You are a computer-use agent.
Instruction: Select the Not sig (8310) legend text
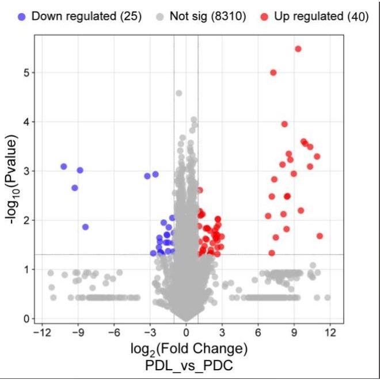point(208,16)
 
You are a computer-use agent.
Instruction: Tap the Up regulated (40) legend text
point(321,16)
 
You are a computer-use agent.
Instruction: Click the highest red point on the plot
point(298,49)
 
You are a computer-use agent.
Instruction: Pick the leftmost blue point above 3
point(64,166)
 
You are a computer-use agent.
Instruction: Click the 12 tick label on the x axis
point(330,332)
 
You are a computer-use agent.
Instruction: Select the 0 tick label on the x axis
point(186,332)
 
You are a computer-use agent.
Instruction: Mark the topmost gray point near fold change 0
point(178,93)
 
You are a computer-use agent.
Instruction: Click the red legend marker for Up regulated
point(265,16)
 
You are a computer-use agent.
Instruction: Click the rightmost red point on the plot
point(320,236)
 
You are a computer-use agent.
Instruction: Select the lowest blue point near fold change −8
point(85,227)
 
